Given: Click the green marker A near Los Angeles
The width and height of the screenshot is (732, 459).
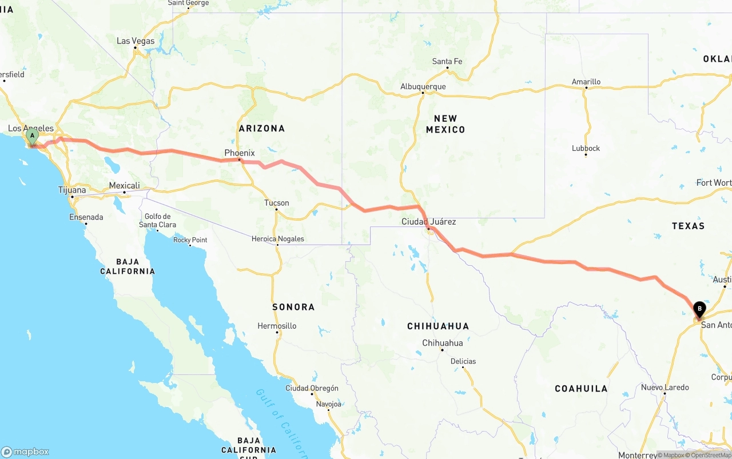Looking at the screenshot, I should click(x=33, y=137).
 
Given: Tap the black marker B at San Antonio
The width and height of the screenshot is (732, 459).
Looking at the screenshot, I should click(x=699, y=309).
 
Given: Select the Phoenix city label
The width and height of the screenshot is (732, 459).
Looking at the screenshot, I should click(x=240, y=153).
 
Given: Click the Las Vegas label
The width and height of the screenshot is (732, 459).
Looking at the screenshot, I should click(x=136, y=41).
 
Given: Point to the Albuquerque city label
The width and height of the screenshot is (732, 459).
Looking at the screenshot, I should click(x=423, y=87).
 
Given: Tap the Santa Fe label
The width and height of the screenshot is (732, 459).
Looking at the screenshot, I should click(x=447, y=62).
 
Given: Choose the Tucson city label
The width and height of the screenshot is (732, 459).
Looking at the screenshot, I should click(x=277, y=203).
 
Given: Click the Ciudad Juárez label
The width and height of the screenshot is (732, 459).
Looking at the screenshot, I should click(x=429, y=221).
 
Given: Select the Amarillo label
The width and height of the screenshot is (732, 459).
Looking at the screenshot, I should click(x=586, y=82).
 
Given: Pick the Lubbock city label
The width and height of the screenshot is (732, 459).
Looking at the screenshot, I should click(x=586, y=148).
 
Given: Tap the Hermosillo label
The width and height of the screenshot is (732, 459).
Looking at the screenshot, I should click(x=277, y=326).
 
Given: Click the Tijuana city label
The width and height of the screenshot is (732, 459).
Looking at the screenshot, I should click(x=72, y=190).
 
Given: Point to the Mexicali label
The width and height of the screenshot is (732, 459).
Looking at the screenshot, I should click(x=124, y=186).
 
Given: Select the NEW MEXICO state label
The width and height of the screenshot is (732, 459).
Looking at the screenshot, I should click(x=445, y=124).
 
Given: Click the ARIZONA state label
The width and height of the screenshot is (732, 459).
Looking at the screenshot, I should click(x=262, y=129).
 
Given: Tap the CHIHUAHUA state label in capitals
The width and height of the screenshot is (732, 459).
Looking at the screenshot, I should click(x=438, y=326).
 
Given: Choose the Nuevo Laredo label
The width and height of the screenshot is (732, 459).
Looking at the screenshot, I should click(x=665, y=387).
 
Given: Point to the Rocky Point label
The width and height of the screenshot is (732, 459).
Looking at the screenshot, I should click(x=190, y=240).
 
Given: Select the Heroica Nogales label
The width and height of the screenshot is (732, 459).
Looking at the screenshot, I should click(x=278, y=239).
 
